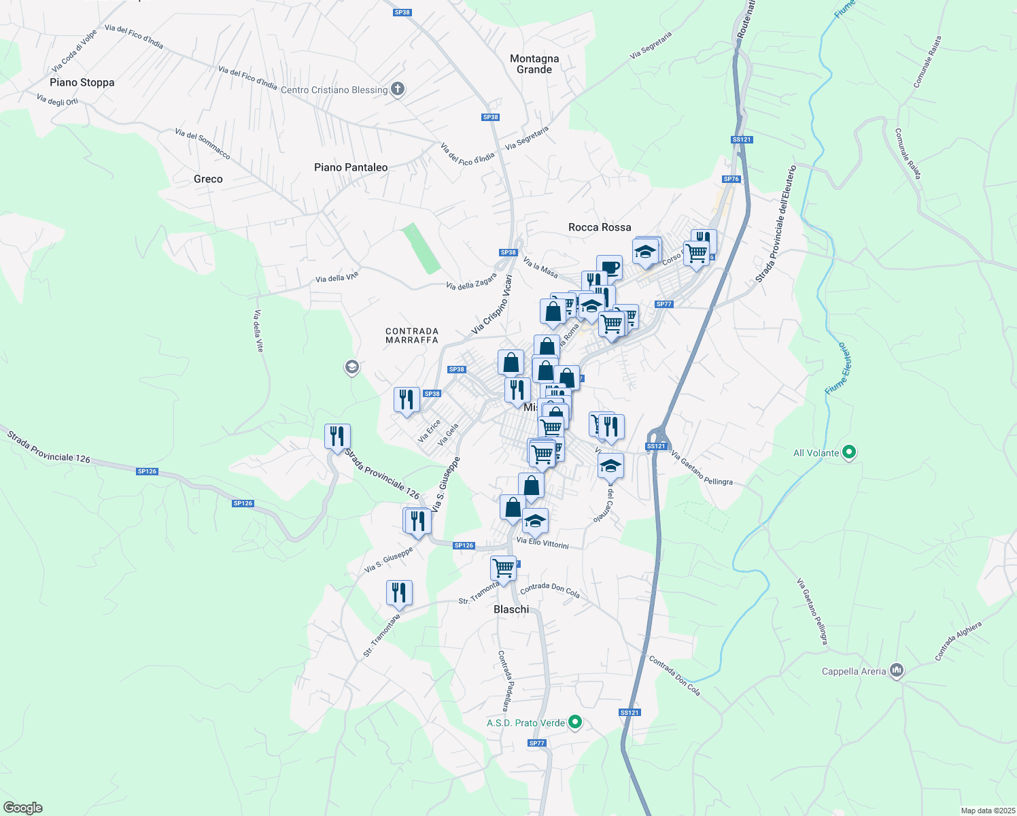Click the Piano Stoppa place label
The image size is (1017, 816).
point(82,82)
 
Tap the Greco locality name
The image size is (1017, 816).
point(208,179)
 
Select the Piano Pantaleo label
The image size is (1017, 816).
point(351,167)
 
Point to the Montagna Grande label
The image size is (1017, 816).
point(534,64)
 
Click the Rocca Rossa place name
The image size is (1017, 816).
point(600,227)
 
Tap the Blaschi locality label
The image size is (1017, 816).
point(511,609)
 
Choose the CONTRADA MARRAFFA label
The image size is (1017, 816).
point(412,335)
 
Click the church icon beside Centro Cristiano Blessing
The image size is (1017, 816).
point(398,89)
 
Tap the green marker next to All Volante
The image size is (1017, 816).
point(848,452)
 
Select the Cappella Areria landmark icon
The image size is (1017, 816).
point(897,670)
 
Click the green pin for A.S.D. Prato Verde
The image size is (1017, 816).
point(575,722)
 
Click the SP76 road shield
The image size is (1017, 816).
point(731,179)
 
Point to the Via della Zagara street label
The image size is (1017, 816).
point(471,281)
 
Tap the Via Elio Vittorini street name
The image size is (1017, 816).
point(542,543)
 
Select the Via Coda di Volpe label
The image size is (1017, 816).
point(75,51)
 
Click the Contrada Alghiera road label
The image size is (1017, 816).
point(959,641)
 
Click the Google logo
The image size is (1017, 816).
point(23,808)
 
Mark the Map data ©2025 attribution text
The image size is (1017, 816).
point(987,811)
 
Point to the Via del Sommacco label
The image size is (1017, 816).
point(203,144)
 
